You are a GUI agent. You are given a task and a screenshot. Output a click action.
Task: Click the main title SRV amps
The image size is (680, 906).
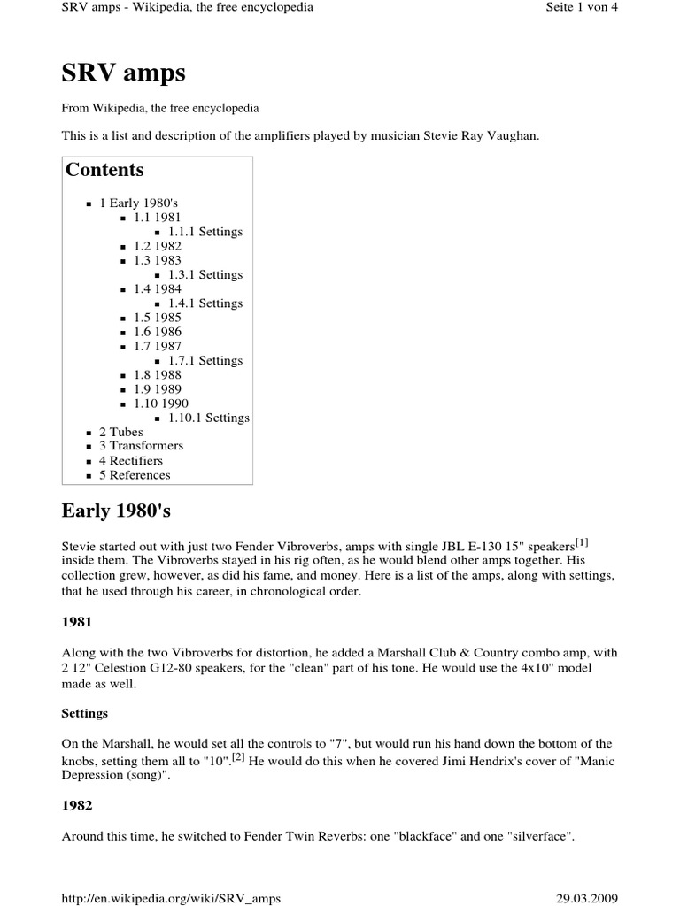123,73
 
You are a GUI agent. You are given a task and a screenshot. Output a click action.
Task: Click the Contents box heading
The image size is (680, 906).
104,170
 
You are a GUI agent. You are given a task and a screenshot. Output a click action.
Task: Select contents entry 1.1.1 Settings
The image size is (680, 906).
205,232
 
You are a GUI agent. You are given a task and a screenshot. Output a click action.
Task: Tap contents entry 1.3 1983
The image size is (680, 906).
158,260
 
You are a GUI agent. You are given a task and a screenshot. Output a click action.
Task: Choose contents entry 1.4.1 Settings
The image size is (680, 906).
205,303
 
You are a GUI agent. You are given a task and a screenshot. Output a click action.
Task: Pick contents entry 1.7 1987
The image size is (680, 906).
158,346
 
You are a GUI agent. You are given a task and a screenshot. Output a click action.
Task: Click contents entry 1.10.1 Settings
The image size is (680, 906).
208,418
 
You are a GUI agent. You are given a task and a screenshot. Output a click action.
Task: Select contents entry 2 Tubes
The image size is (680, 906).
120,432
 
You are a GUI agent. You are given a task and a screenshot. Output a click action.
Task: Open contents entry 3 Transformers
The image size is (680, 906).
141,446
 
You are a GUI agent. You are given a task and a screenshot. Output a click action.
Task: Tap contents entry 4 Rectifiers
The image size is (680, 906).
131,461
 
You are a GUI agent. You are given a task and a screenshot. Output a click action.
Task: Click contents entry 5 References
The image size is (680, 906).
135,475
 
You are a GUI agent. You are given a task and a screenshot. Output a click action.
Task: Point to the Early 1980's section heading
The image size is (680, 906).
121,512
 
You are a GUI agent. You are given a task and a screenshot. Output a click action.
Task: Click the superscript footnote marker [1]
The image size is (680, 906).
582,542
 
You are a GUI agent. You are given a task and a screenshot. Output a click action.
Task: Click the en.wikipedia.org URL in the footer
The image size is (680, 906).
171,898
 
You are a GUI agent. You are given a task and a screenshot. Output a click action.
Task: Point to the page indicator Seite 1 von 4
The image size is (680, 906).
583,9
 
